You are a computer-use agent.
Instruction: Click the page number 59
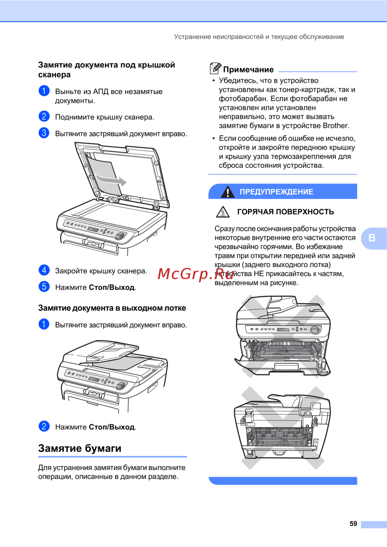(353, 523)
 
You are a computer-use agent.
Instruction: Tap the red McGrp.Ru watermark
(196, 274)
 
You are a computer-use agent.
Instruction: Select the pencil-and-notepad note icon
(215, 68)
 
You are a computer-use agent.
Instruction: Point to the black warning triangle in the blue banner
(228, 192)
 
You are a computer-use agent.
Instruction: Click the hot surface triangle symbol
(223, 212)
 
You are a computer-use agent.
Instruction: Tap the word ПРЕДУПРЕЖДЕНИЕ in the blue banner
(276, 192)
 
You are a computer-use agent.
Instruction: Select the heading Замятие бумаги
(80, 448)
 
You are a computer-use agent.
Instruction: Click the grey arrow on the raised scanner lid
(111, 179)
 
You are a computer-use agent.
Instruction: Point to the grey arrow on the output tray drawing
(152, 366)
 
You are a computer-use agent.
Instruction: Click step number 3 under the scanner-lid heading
(44, 133)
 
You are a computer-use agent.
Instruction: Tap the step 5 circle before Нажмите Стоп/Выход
(44, 287)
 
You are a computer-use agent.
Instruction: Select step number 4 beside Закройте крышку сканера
(44, 270)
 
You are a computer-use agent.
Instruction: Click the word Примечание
(248, 70)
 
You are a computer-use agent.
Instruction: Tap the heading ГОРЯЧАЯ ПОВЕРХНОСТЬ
(286, 212)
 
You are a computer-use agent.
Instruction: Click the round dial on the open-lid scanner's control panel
(120, 236)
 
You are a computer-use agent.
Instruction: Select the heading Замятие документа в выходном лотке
(112, 308)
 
